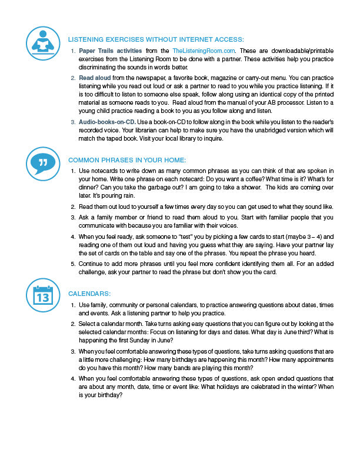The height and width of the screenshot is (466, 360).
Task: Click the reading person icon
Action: click(44, 42)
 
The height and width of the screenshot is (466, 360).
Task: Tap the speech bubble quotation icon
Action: click(44, 162)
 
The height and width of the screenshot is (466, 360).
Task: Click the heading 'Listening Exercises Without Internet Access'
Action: click(156, 39)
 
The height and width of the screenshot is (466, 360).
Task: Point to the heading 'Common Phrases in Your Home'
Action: click(127, 160)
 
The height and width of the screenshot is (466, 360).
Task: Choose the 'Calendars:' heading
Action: click(91, 293)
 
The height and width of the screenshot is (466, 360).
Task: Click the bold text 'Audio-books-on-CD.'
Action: click(108, 121)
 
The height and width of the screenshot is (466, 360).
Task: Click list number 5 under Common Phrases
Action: click(72, 264)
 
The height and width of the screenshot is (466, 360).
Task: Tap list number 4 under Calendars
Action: click(72, 378)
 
